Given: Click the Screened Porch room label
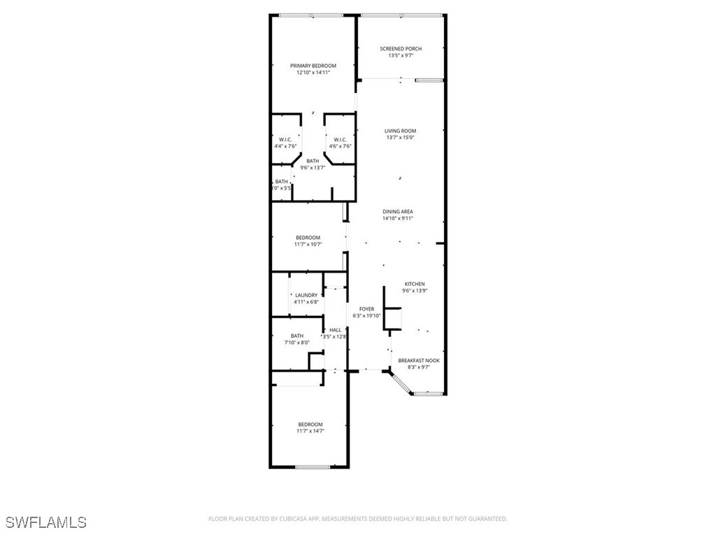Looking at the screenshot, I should click(x=401, y=49).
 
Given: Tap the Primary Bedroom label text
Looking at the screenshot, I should click(x=313, y=66).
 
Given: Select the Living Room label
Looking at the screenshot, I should click(x=401, y=131).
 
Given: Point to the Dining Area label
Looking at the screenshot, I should click(x=398, y=212).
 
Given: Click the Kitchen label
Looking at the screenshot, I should click(x=415, y=284).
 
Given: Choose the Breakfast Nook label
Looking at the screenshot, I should click(x=419, y=361).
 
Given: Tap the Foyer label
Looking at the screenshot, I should click(x=366, y=309).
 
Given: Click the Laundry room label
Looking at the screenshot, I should click(x=306, y=295).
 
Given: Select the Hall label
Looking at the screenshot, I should click(x=335, y=330).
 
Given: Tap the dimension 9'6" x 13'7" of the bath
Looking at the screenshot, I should click(x=313, y=168).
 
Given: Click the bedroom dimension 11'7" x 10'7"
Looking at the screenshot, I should click(x=308, y=245).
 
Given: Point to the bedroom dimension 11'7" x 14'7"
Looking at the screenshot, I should click(x=310, y=431).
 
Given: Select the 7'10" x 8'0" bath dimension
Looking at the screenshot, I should click(x=297, y=343).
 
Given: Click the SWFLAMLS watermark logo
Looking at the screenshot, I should click(x=45, y=522).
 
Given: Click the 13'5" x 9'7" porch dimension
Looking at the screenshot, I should click(x=401, y=56).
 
